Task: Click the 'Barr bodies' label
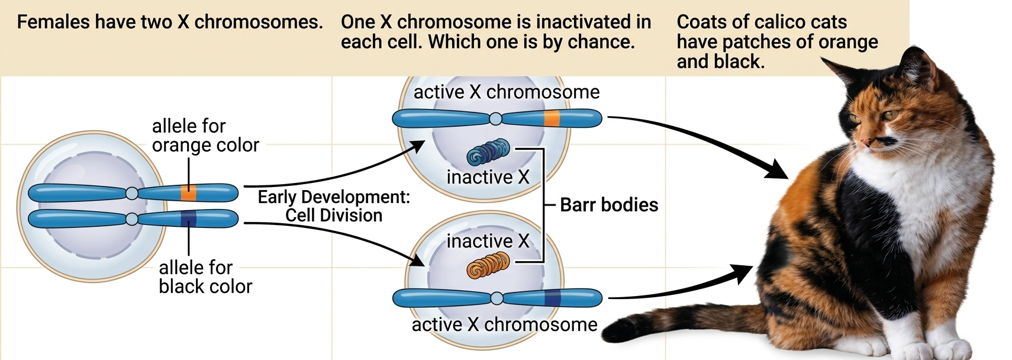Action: click(608, 205)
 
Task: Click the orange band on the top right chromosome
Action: click(552, 118)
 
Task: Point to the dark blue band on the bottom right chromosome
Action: click(552, 298)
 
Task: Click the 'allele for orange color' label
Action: click(205, 135)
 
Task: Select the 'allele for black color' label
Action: click(205, 277)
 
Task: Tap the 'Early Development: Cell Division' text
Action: click(334, 206)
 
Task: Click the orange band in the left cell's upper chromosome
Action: click(189, 193)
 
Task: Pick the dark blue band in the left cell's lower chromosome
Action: click(189, 218)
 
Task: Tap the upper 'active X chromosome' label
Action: click(506, 92)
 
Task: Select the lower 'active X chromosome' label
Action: click(504, 324)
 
